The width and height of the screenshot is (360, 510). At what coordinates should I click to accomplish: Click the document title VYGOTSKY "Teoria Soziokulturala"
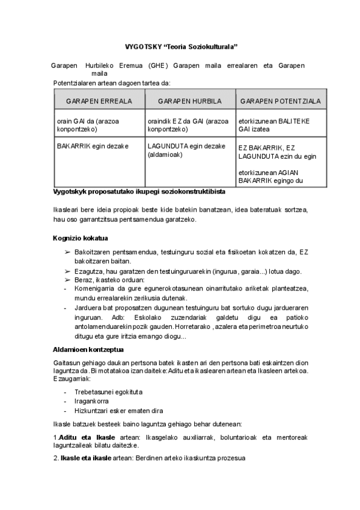point(181,46)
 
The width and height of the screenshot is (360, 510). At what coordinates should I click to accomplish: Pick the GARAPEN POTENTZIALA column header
point(280,100)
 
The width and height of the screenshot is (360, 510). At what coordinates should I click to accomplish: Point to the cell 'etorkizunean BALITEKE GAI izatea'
point(274,124)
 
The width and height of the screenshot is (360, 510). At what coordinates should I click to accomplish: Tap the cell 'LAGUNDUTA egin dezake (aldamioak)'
point(186,150)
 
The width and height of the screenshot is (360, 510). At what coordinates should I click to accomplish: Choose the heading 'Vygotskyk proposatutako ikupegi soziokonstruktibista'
point(139,192)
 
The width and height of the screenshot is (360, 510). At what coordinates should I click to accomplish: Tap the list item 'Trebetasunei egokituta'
point(108,392)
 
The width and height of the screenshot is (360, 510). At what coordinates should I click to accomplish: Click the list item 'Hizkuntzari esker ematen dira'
point(119,411)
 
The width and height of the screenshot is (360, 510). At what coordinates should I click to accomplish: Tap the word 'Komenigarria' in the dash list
point(94,289)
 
